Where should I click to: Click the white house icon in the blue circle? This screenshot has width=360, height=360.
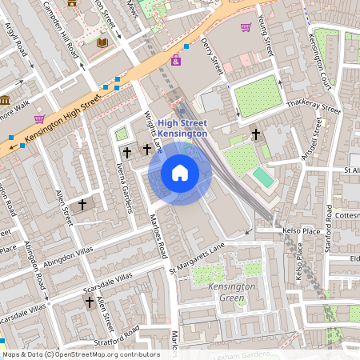click(180, 173)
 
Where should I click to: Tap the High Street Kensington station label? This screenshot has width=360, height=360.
click(182, 128)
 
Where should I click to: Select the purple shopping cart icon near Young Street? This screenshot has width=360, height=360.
click(246, 27)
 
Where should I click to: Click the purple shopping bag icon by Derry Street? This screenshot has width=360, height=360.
click(175, 60)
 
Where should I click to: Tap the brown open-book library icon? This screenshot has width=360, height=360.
click(102, 42)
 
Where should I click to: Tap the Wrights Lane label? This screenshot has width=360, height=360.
click(153, 133)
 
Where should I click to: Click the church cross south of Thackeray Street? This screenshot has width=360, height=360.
click(255, 134)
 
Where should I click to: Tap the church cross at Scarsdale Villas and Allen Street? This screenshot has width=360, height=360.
click(90, 302)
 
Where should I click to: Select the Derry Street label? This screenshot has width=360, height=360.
click(212, 57)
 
